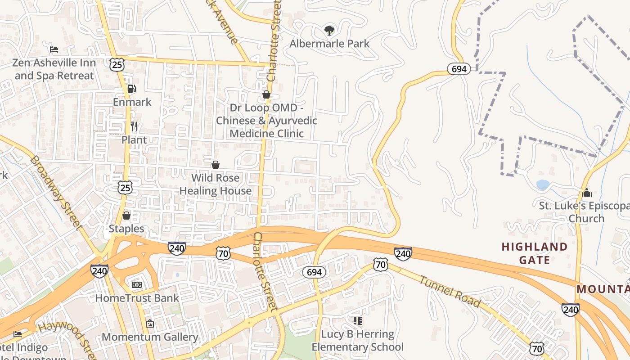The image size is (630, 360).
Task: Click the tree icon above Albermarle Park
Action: point(329,31)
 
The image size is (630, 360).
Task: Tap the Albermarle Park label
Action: point(329,44)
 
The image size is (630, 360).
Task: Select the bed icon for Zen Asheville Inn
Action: point(54,49)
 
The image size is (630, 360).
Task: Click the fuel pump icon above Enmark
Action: point(131,89)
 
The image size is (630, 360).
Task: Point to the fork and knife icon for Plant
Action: point(134,126)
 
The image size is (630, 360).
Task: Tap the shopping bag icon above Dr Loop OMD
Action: point(266,94)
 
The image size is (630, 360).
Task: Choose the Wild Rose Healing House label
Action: point(216,184)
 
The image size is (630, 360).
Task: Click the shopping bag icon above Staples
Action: point(126,216)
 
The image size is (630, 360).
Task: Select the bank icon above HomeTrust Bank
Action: point(137,285)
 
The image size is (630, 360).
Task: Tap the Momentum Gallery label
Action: point(150,337)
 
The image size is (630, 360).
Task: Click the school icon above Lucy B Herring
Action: point(358,321)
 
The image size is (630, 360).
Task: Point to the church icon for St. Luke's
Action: point(587,193)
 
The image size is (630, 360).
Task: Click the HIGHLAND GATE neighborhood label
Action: point(534,253)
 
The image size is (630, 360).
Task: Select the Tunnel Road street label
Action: point(450,291)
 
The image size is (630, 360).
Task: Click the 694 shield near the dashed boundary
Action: point(459,69)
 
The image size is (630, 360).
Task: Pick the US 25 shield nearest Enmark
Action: point(117,64)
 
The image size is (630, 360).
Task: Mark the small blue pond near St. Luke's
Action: point(543,184)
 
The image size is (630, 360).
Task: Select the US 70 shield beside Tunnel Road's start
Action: point(381,265)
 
